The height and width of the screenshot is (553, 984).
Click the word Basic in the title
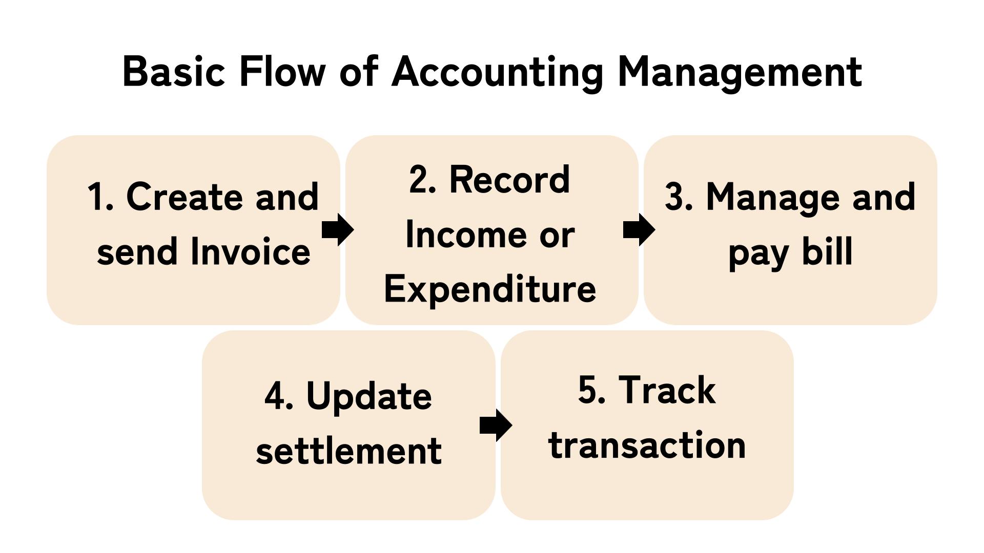coord(174,72)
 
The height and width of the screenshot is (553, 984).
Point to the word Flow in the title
coord(282,72)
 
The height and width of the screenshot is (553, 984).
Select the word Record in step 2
coord(509,180)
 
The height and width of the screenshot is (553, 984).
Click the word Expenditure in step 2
coord(490,289)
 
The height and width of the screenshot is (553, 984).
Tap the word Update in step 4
coord(369,397)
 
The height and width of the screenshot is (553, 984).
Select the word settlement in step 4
coord(348,451)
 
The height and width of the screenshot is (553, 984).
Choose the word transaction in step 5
coord(647,444)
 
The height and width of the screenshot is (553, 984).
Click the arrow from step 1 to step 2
coord(338,230)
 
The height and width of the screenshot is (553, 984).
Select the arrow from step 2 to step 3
coord(639,230)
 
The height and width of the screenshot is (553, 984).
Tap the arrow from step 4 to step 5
coord(496,425)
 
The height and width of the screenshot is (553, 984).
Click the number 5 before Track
coord(587,390)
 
